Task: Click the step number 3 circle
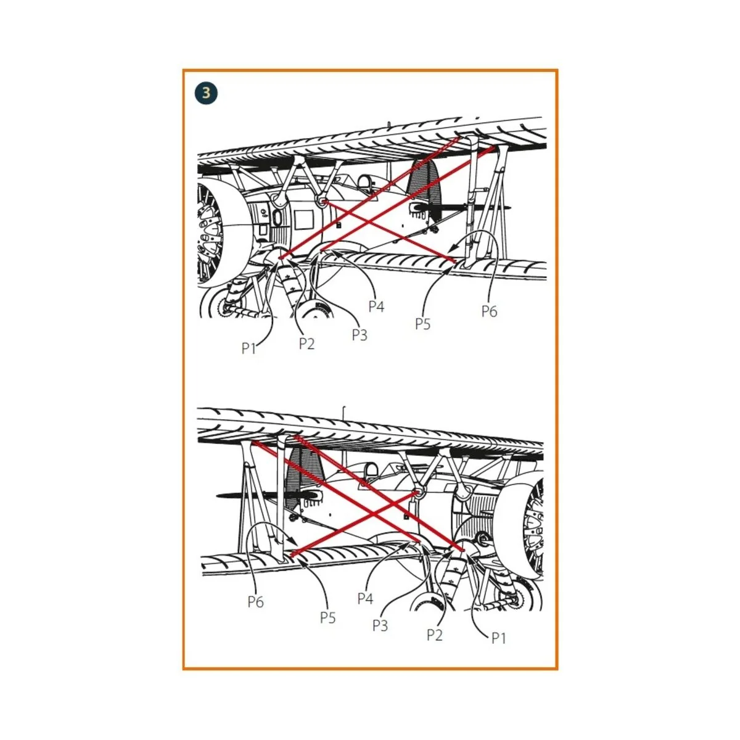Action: (206, 93)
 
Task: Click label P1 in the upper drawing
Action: (249, 348)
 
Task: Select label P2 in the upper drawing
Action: (307, 343)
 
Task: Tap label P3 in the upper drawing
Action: (360, 335)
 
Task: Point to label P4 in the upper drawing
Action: (376, 306)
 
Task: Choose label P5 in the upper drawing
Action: (423, 324)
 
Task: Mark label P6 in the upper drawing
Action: (490, 311)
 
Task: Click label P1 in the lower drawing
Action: (499, 638)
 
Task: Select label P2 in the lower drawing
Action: (435, 635)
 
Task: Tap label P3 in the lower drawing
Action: (380, 625)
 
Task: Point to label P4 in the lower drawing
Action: (365, 598)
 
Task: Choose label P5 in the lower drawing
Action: (328, 617)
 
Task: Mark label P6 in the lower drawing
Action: (256, 601)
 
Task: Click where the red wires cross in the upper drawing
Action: (368, 221)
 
